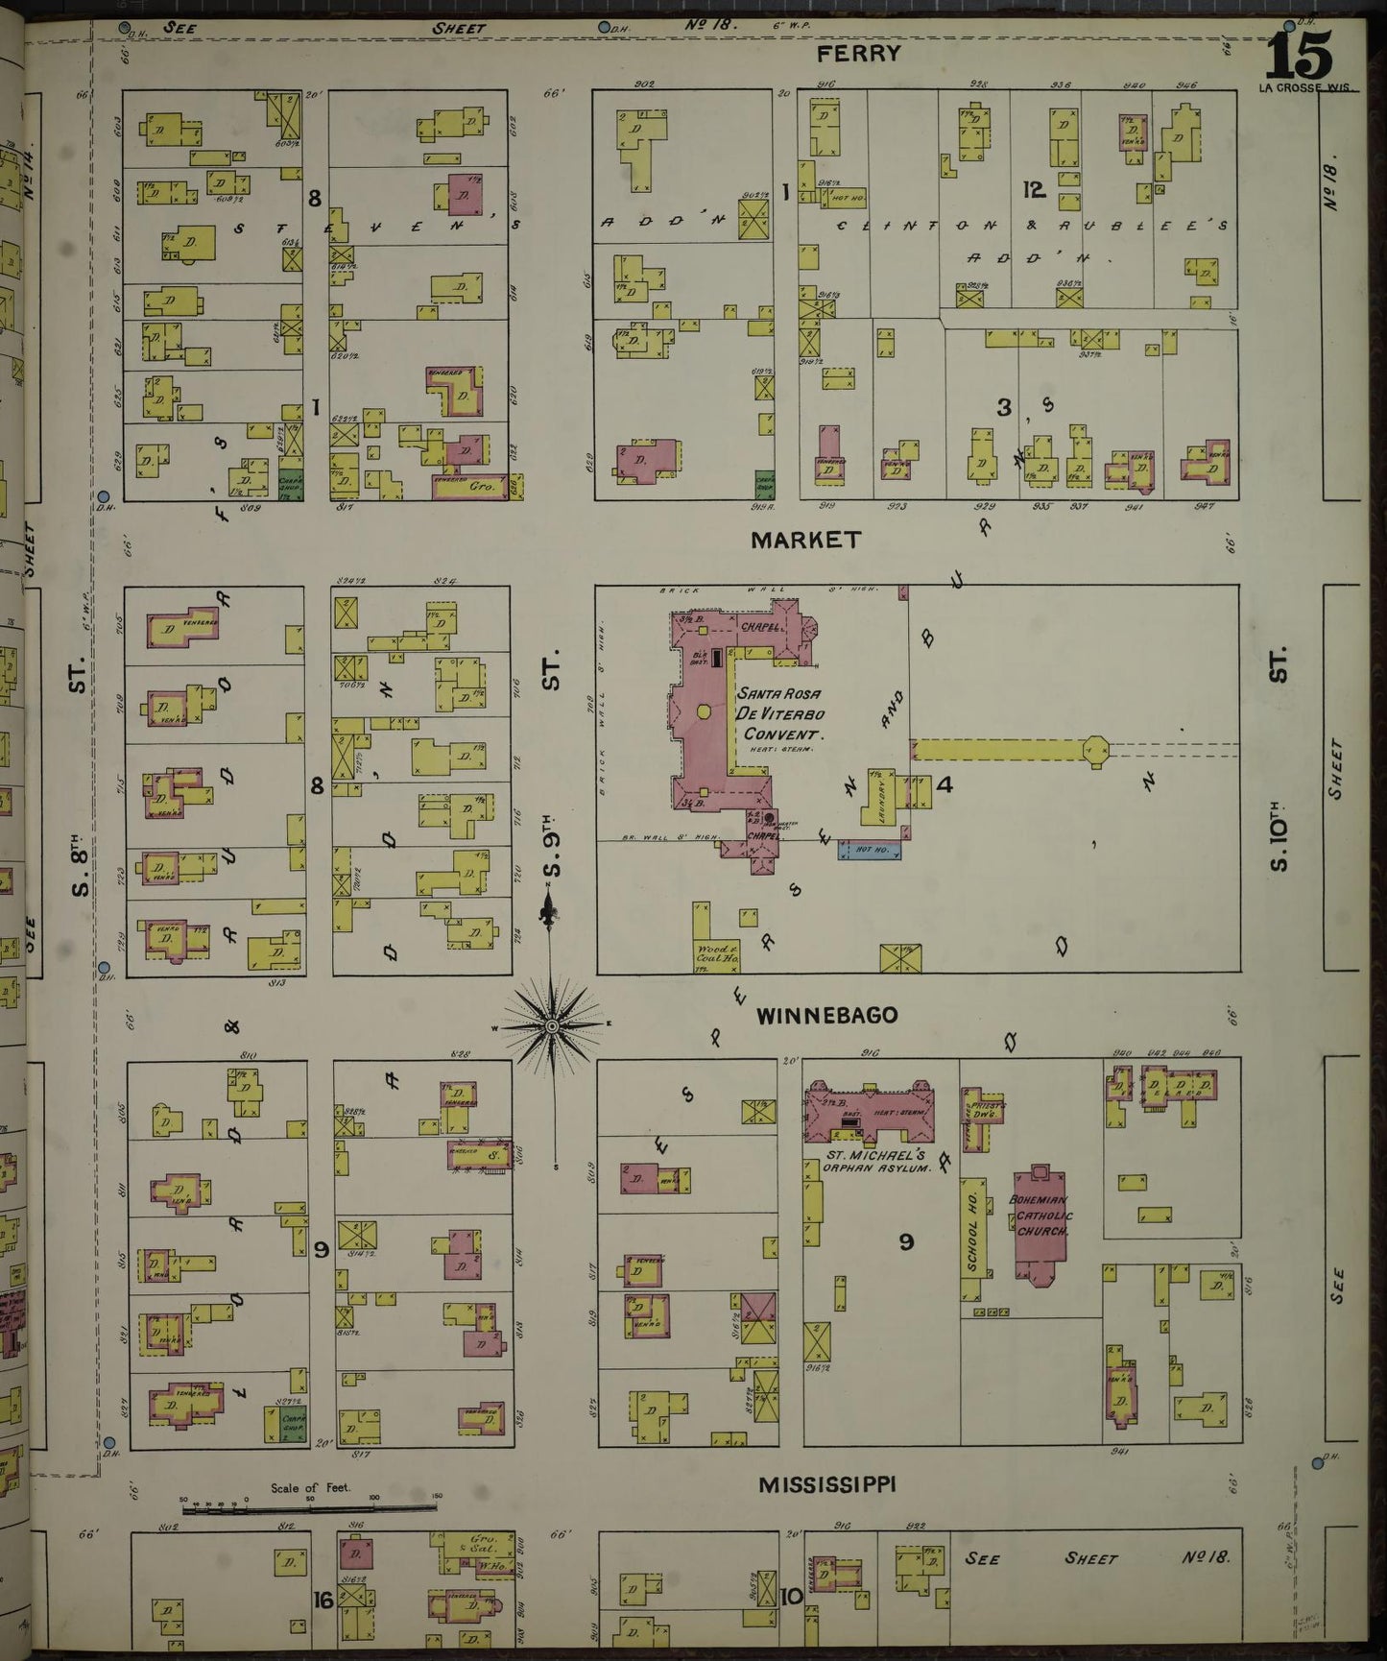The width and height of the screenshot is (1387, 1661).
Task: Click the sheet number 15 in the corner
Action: (x=1300, y=56)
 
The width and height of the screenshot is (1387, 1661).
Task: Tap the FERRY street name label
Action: (x=858, y=54)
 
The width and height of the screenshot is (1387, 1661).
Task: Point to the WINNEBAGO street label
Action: (x=826, y=1015)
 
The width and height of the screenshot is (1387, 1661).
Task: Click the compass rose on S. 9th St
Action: (x=552, y=1026)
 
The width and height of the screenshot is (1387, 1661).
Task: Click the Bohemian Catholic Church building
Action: (x=1040, y=1224)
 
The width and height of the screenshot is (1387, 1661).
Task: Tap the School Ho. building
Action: (x=973, y=1239)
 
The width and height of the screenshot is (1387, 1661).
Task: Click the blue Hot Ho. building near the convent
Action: (x=871, y=851)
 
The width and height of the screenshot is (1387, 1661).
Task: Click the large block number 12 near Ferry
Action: (x=1033, y=190)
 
